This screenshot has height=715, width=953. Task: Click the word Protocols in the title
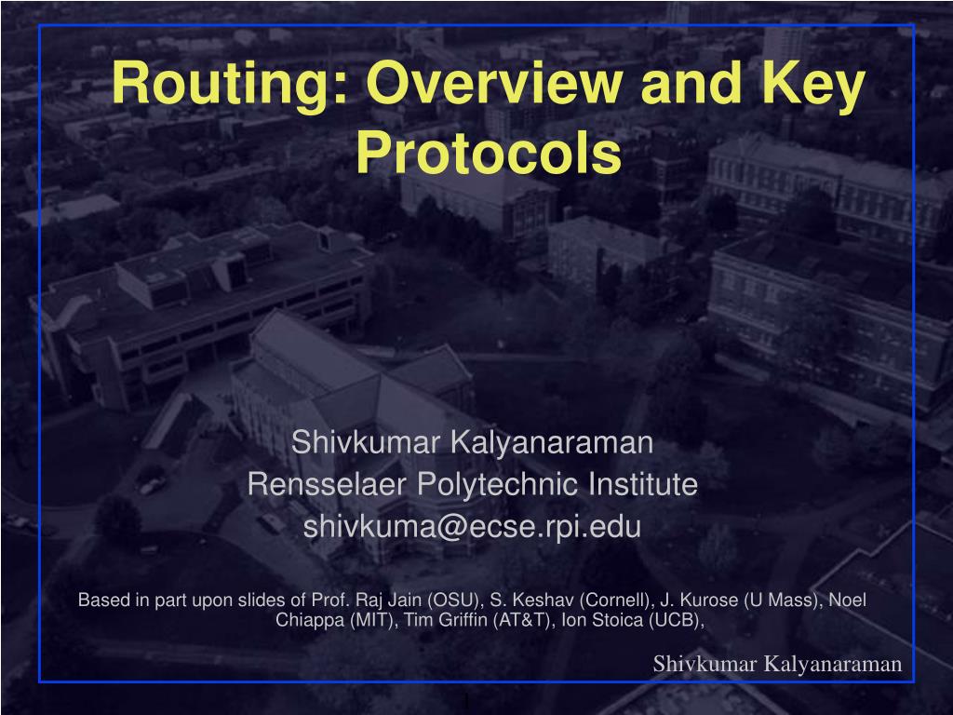click(x=490, y=153)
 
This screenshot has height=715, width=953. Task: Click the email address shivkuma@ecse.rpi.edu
click(x=473, y=527)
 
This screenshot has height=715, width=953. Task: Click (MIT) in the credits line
click(x=371, y=621)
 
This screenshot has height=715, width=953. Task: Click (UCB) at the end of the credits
click(x=677, y=621)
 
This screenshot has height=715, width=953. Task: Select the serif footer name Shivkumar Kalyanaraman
click(x=777, y=663)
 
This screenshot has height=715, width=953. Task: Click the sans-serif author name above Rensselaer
click(x=473, y=442)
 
